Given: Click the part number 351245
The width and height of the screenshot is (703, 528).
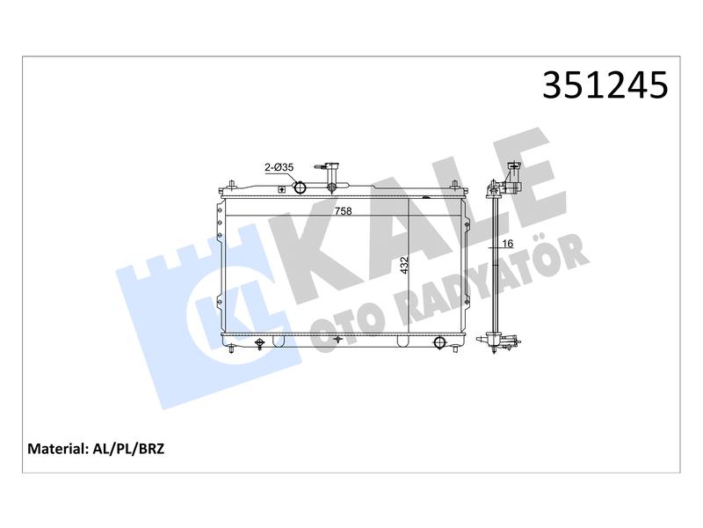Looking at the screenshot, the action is point(605,84).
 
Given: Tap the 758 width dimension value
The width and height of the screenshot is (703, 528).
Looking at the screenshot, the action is point(344,210).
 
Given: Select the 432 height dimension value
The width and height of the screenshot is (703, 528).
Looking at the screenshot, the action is point(404,266).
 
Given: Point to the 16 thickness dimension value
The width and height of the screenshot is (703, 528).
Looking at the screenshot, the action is point(508,244).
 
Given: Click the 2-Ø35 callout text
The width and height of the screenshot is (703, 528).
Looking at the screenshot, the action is point(279,167).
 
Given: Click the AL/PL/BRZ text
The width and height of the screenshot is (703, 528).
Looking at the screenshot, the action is point(128,449).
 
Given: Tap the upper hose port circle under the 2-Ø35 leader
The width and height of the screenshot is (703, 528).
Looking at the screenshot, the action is point(300,187).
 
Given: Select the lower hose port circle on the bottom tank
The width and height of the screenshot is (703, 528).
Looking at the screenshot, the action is point(439,342).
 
